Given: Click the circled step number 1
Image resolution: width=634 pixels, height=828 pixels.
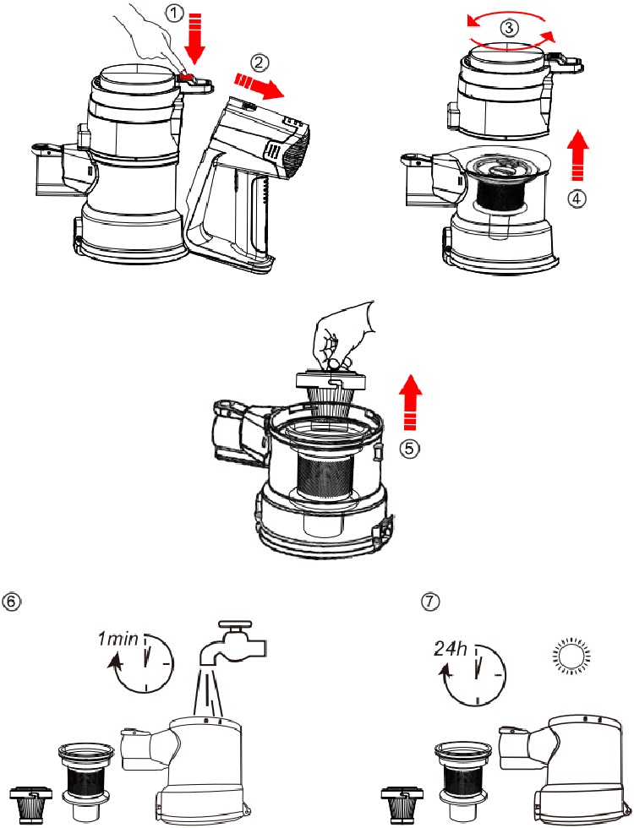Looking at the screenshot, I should tap(172, 14).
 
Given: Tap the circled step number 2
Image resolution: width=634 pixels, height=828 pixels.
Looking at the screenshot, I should tap(262, 62).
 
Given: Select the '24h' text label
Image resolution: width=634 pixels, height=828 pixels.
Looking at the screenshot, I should tap(450, 649).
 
